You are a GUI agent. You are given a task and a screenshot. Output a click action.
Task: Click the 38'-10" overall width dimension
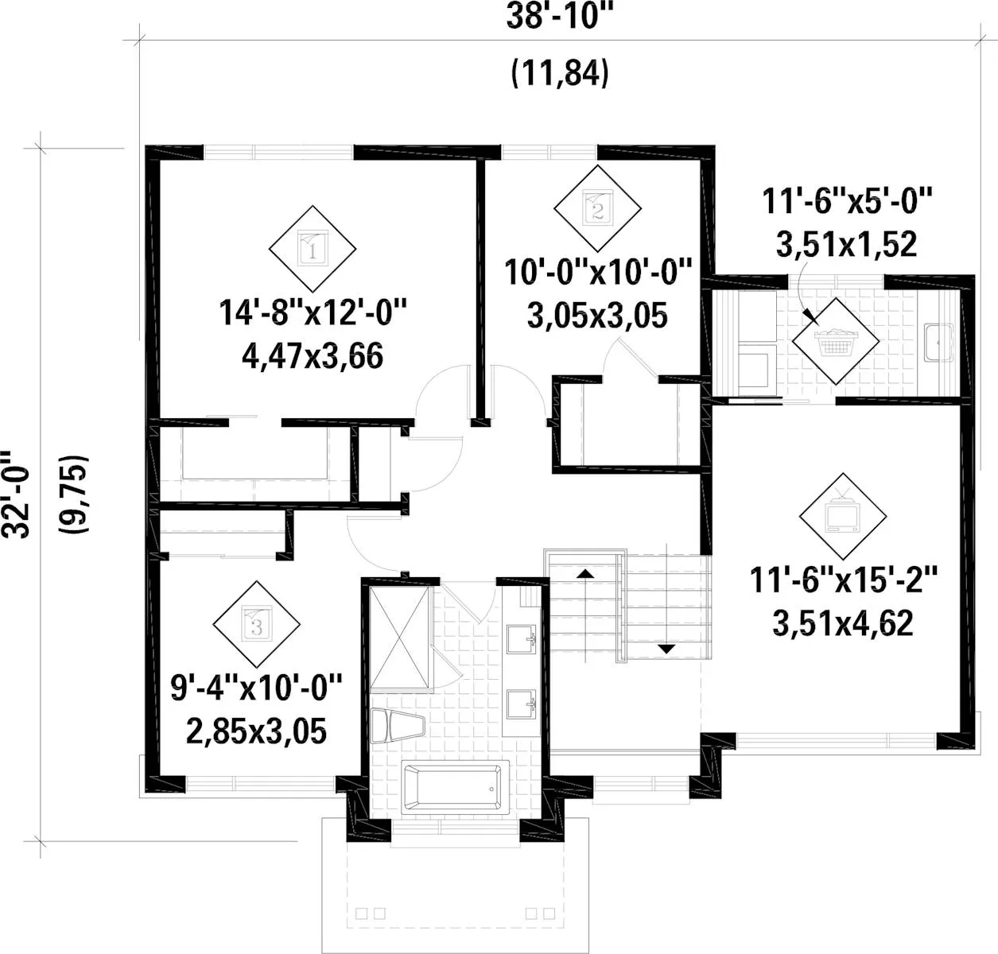559,16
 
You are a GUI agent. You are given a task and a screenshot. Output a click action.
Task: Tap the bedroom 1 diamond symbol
313,249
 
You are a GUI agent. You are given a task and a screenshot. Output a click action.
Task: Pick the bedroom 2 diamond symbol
597,208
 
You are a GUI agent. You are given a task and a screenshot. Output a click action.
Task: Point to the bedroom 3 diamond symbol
256,624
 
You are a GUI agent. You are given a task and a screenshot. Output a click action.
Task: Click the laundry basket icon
836,341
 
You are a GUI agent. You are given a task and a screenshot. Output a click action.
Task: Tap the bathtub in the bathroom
452,787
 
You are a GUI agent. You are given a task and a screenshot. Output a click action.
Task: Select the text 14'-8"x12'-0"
313,312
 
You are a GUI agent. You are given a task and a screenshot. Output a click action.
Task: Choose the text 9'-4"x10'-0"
256,687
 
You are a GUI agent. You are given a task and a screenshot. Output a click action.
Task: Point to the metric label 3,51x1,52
846,244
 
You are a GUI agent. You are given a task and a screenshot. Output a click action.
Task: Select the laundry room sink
939,343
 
